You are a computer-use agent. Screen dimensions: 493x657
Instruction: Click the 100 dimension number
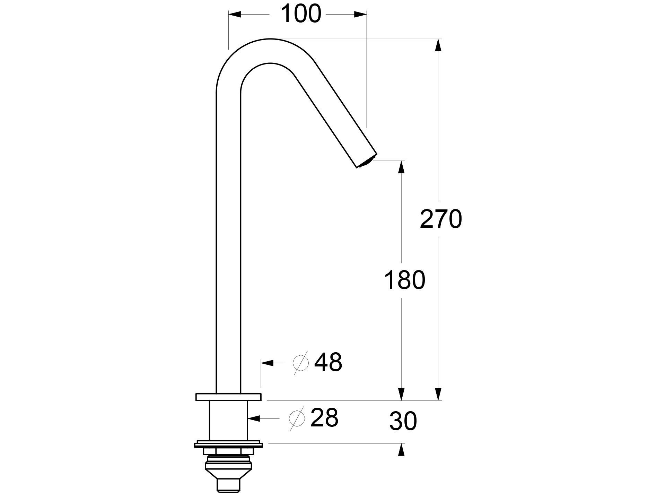coord(300,14)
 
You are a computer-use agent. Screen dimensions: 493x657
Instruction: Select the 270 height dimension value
coord(440,219)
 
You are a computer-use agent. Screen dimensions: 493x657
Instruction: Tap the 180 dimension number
coord(404,280)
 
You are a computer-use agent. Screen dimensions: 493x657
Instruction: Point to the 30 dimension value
coord(403,422)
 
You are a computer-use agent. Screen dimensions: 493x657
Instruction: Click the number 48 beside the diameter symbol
coord(328,363)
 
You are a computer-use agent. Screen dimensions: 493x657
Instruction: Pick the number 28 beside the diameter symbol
coord(324,418)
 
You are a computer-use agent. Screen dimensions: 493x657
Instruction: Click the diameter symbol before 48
coord(301,363)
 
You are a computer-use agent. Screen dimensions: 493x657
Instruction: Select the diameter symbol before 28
coord(297,418)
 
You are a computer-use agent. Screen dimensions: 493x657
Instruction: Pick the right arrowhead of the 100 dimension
coord(360,14)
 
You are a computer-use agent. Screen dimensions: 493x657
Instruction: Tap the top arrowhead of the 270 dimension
coord(438,45)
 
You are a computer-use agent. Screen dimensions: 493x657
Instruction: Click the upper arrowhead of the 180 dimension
coord(401,167)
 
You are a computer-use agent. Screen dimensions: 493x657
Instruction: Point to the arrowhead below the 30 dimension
coord(401,450)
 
